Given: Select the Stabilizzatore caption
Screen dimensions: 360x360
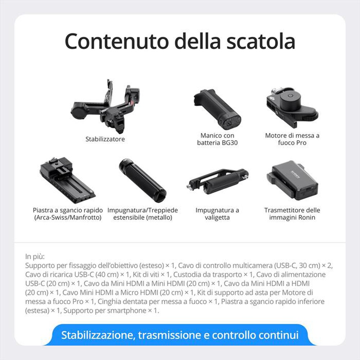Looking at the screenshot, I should point(105,139).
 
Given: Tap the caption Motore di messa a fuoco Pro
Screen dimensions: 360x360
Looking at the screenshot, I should point(292,139).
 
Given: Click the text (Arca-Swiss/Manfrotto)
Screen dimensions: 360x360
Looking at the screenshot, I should point(68,217).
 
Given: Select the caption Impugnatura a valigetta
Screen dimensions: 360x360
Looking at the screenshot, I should point(217,214).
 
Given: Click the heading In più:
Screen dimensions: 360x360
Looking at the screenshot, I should point(35,257).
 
